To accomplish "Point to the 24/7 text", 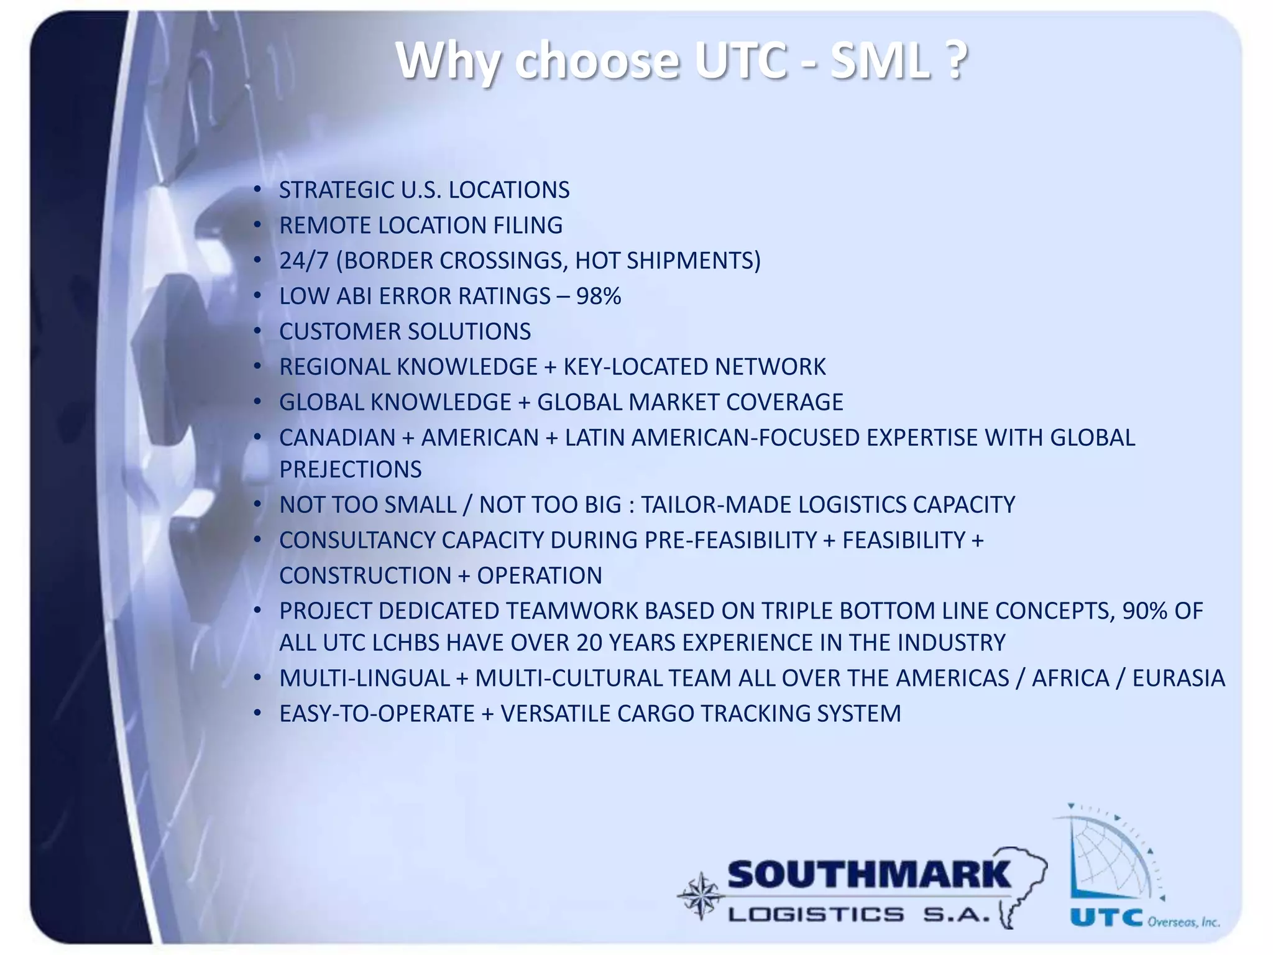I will (x=303, y=261).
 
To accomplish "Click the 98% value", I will (x=598, y=297).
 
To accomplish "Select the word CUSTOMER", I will (x=335, y=332).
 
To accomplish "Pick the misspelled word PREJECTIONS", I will (x=350, y=470).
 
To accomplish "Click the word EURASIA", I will (x=1178, y=678).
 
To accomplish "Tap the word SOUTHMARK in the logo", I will (x=869, y=875).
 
